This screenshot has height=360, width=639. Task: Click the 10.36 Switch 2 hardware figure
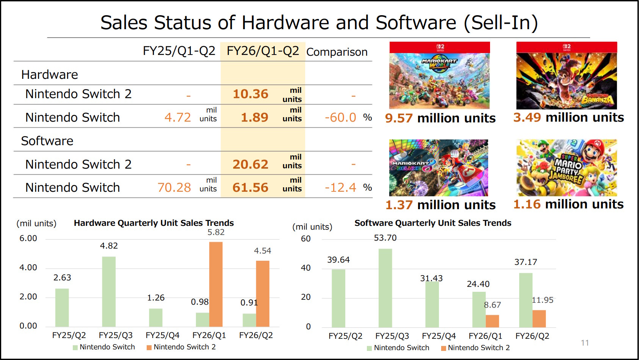pos(250,94)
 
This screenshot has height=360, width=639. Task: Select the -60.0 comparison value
pos(340,117)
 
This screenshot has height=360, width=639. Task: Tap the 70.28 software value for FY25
pos(174,188)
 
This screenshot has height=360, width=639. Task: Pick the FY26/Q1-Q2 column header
pos(263,51)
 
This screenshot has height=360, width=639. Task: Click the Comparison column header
pos(337,52)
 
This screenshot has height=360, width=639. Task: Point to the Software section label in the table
pos(47,141)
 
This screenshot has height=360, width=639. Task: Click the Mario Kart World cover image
pos(439,75)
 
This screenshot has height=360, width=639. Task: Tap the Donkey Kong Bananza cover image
pos(566,75)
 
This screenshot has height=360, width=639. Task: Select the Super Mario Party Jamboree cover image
pos(566,167)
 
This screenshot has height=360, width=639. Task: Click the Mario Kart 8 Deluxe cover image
pos(439,167)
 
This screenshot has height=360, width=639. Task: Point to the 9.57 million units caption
pos(440,118)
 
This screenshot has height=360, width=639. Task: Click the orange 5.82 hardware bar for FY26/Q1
pos(216,284)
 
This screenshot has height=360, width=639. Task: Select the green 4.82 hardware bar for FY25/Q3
pos(109,291)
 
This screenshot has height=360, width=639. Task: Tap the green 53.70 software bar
pos(385,288)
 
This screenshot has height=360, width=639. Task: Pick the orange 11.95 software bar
pos(539,319)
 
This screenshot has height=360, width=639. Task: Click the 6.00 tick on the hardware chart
pos(28,238)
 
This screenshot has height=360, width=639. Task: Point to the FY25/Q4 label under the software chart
pos(439,336)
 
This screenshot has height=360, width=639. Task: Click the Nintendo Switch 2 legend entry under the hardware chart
pos(181,347)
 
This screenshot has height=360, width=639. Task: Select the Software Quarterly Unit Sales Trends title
pos(433,223)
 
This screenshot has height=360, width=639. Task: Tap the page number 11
pos(585,343)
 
